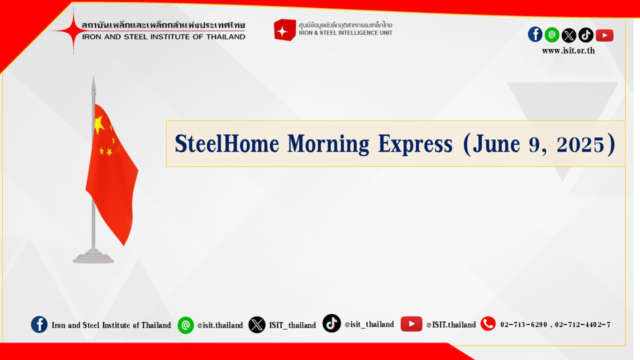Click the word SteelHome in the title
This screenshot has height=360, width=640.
click(227, 143)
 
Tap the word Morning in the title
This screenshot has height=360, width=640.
click(328, 144)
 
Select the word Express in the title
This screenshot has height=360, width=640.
click(415, 144)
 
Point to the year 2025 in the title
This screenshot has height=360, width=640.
click(580, 144)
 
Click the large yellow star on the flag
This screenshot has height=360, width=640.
click(99, 124)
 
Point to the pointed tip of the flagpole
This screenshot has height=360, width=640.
click(93, 76)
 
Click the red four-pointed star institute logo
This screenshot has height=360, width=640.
click(73, 30)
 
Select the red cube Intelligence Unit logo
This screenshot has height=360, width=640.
click(284, 29)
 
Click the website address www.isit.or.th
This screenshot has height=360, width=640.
click(568, 51)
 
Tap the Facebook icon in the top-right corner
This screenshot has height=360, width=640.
click(535, 34)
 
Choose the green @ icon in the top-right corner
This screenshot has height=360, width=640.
click(552, 35)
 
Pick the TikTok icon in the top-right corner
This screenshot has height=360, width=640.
click(585, 35)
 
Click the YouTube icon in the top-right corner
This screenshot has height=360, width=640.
click(604, 35)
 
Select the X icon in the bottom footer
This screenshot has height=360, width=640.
click(257, 324)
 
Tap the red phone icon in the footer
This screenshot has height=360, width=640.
click(488, 323)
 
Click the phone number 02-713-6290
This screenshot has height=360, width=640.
click(523, 325)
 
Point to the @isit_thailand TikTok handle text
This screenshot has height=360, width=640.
click(369, 324)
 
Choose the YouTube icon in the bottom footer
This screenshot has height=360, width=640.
click(411, 323)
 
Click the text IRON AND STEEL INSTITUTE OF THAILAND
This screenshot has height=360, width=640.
click(163, 37)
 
